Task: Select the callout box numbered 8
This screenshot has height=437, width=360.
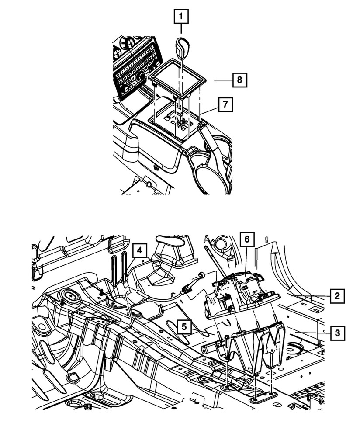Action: click(239, 80)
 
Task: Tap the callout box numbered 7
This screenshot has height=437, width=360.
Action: click(225, 104)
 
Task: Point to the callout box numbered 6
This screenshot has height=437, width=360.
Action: click(246, 239)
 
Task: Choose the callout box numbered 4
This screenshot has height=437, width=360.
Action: click(139, 251)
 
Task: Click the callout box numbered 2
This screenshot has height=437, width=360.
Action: click(336, 296)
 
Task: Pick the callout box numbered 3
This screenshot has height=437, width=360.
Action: click(336, 333)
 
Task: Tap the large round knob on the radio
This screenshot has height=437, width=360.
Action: click(141, 77)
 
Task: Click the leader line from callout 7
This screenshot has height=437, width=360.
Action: click(209, 110)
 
